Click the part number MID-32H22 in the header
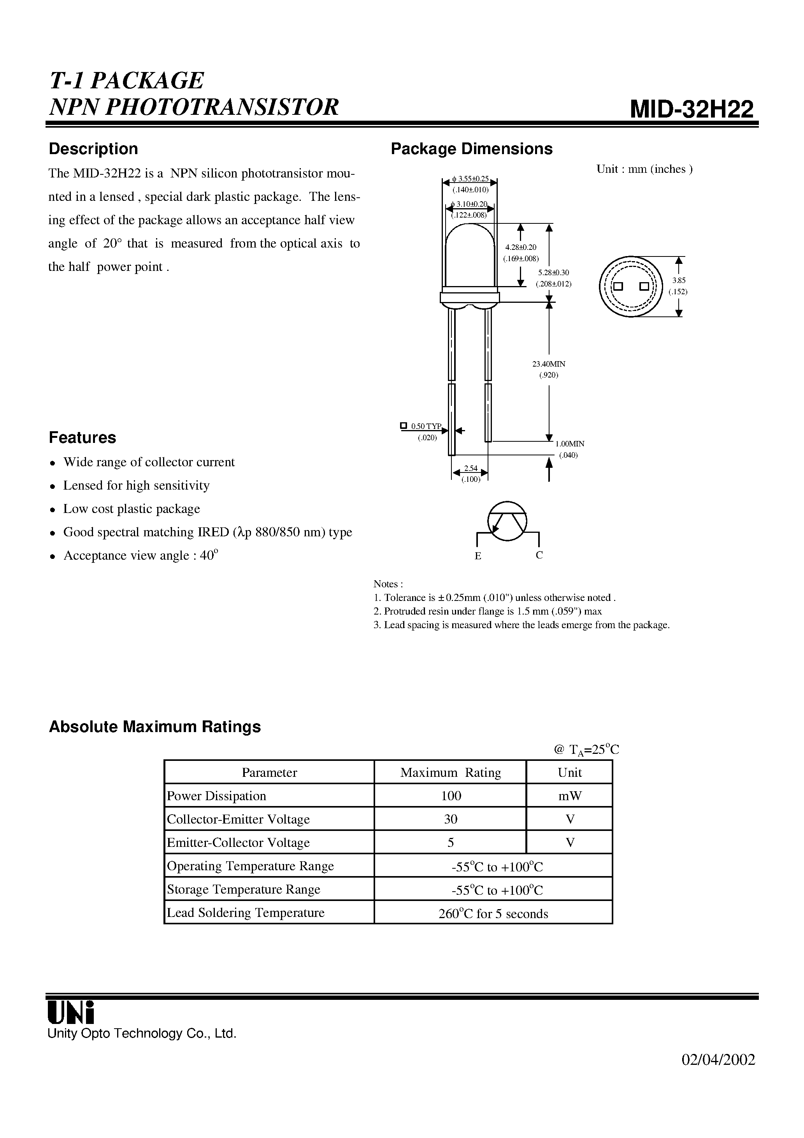[692, 109]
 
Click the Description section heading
[93, 149]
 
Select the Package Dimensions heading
[471, 149]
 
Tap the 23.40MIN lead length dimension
[549, 364]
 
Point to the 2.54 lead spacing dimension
[470, 468]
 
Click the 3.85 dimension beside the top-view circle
[679, 281]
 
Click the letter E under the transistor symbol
[478, 556]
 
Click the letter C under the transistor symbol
[539, 555]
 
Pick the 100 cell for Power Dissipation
[451, 796]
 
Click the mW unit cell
[570, 796]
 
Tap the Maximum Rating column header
[450, 773]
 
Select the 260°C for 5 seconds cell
[493, 913]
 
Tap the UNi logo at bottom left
[70, 1012]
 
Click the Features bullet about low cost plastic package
[132, 509]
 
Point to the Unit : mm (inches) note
[644, 169]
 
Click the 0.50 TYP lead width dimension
[425, 426]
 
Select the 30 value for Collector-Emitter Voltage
[451, 819]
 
